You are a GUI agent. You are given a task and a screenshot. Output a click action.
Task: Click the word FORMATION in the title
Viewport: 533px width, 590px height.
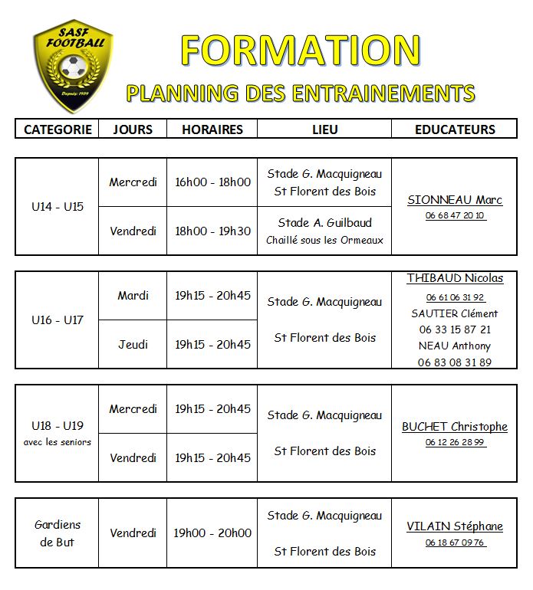300,51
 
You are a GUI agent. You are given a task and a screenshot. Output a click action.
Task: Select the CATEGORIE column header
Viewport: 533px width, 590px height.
58,129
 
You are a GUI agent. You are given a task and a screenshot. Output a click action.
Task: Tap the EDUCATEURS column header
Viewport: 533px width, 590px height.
455,129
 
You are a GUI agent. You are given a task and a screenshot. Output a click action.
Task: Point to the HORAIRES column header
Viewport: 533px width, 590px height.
212,129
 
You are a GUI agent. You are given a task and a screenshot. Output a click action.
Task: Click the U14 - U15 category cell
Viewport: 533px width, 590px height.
58,207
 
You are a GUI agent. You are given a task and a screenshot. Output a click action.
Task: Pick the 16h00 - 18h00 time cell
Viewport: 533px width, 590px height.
212,182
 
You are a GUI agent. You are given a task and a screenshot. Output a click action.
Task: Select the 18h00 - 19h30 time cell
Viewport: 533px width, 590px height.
212,231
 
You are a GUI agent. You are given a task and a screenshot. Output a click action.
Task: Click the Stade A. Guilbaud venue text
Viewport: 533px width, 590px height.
324,223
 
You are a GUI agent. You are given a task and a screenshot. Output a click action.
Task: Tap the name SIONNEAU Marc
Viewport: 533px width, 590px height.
455,200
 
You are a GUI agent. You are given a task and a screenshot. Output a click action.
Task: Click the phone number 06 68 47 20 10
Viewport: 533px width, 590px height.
455,215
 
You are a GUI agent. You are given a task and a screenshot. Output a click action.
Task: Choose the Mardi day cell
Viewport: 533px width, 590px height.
133,295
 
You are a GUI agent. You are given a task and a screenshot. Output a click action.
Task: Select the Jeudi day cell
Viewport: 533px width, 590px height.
133,344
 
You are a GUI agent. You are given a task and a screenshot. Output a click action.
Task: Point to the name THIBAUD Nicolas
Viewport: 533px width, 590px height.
455,278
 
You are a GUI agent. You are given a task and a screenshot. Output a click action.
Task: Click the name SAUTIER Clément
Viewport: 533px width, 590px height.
455,313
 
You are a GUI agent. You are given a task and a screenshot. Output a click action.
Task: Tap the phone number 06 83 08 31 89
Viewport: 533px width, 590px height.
455,362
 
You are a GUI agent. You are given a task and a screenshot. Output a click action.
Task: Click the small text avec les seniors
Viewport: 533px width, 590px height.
58,442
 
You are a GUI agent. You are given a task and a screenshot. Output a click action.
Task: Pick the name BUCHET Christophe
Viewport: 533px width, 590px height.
455,427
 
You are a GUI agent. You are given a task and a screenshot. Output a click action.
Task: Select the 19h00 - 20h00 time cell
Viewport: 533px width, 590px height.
212,533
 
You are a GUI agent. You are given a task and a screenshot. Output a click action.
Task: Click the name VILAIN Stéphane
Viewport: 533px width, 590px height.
455,526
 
